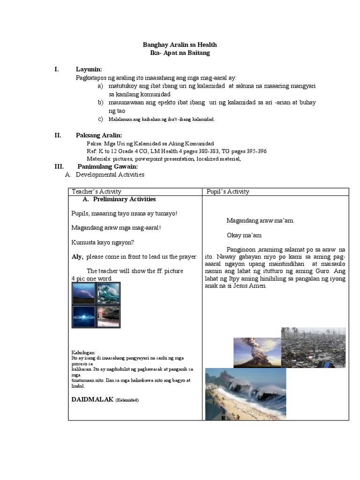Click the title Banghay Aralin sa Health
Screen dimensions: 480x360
[x=180, y=45]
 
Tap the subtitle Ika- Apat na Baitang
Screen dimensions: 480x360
[x=180, y=53]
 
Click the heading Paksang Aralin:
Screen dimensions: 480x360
[x=99, y=135]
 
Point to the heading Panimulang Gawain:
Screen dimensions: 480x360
[x=107, y=166]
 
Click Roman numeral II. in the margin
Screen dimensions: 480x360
[x=58, y=135]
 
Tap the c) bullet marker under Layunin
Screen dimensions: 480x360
[x=100, y=119]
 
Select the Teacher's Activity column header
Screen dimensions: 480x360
[x=96, y=191]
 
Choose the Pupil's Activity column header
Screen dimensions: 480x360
[x=228, y=191]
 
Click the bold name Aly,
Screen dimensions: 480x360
[x=77, y=257]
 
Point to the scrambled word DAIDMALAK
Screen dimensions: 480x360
[x=92, y=399]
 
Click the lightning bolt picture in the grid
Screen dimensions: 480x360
[x=83, y=293]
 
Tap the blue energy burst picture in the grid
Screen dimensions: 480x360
[x=83, y=316]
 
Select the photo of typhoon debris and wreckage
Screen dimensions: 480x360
[x=313, y=347]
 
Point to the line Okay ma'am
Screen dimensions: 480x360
[x=244, y=235]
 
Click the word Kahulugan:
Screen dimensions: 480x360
[x=83, y=352]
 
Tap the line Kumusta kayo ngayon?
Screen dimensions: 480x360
[x=103, y=242]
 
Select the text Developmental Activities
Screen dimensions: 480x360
[x=110, y=175]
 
